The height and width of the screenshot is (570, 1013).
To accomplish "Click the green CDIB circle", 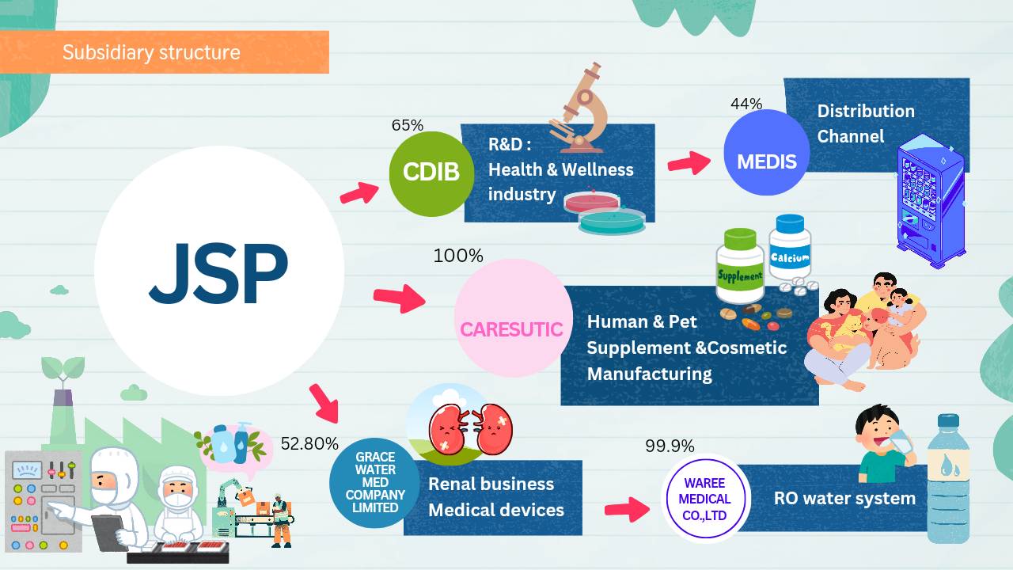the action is (431, 173).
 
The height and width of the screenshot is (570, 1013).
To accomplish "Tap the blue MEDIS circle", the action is (767, 153).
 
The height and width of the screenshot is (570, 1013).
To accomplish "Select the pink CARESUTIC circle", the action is (514, 318).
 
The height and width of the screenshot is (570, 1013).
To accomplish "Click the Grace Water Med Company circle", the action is (375, 483).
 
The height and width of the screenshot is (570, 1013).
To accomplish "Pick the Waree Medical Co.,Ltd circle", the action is (705, 499).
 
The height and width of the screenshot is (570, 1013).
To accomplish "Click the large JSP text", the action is (219, 273).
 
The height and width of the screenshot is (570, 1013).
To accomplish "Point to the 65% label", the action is (408, 125).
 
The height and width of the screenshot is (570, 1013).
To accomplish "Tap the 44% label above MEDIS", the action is (746, 104).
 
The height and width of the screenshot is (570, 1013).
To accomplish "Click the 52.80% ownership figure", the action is (309, 444).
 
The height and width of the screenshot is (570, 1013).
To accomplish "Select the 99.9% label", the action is (670, 446).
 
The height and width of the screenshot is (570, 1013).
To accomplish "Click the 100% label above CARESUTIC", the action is (458, 256).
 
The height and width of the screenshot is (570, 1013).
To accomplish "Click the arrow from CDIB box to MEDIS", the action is (689, 162).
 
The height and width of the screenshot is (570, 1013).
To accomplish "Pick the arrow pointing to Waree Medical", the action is (627, 509).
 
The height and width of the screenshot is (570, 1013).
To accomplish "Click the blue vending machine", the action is (931, 201).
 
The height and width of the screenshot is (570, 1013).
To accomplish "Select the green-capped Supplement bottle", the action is (740, 266).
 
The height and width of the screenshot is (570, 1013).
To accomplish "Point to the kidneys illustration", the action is (471, 429).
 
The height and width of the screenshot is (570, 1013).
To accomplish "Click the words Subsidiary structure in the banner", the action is (151, 52).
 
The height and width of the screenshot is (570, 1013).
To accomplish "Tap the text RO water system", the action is (844, 499).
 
